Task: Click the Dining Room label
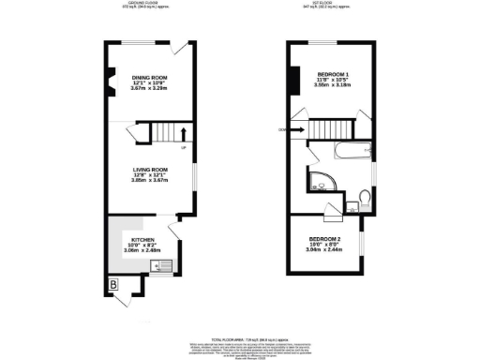(149, 77)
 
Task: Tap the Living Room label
(149, 170)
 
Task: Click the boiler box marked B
(113, 282)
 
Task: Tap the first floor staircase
(329, 129)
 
